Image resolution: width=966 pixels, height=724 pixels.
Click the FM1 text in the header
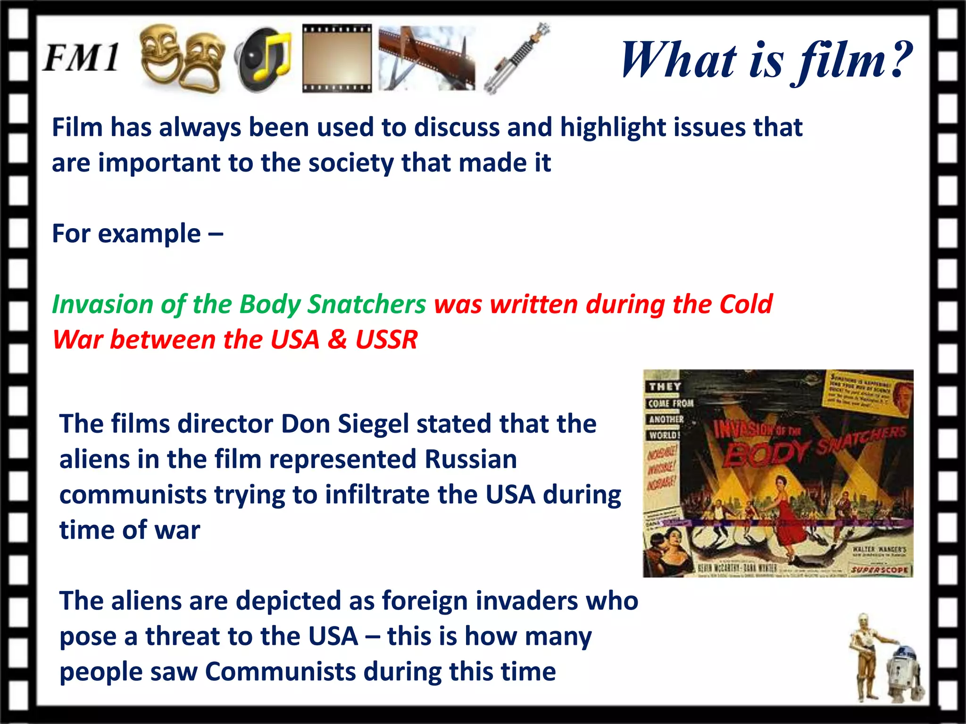81,58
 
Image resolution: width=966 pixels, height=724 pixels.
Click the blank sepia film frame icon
336,58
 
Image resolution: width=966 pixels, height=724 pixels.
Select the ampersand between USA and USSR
337,340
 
